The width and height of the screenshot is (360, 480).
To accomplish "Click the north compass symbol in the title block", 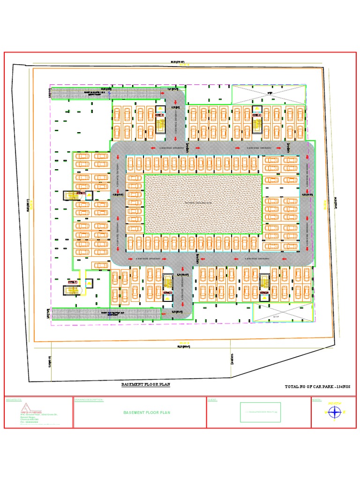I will [x=334, y=412].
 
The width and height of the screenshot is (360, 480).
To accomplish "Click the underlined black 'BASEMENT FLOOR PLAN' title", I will [x=146, y=384].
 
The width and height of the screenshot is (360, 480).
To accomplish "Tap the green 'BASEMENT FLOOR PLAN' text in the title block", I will [x=147, y=412].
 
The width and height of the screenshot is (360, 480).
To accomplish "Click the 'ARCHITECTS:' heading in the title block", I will [x=14, y=399].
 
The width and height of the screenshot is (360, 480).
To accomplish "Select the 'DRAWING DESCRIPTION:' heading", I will [x=89, y=399].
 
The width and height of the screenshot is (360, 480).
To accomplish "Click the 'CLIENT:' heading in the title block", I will [x=213, y=399].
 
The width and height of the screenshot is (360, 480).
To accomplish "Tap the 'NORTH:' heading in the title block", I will [x=317, y=399].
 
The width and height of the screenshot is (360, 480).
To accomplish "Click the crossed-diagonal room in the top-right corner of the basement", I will [x=269, y=94].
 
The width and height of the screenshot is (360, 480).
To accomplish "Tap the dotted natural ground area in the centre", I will [x=202, y=204].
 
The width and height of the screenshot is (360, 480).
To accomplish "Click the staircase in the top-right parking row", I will [x=256, y=119].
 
